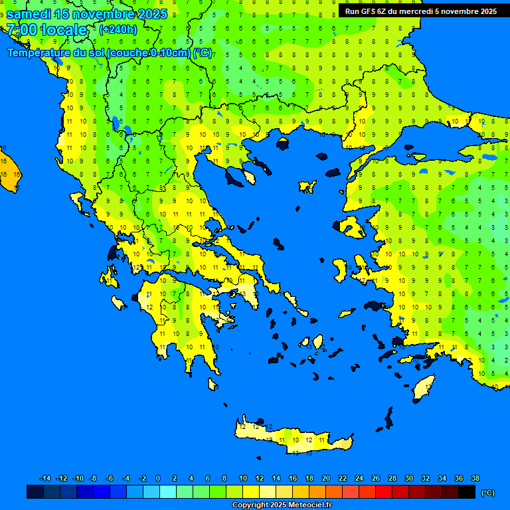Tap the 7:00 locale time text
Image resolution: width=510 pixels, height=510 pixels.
[46, 30]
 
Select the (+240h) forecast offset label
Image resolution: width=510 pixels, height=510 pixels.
[118, 30]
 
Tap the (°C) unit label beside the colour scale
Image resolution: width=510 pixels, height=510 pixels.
[487, 492]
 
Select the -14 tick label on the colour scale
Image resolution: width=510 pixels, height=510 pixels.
[45, 478]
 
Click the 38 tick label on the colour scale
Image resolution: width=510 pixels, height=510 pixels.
[475, 478]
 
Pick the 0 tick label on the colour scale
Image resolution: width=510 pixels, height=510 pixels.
[158, 478]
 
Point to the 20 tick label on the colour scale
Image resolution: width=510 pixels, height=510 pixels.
[325, 478]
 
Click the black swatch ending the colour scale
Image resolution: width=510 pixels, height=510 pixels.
[467, 492]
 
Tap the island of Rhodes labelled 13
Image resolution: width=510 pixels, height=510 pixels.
[424, 387]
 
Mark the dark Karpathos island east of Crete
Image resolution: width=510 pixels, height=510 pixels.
[388, 418]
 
